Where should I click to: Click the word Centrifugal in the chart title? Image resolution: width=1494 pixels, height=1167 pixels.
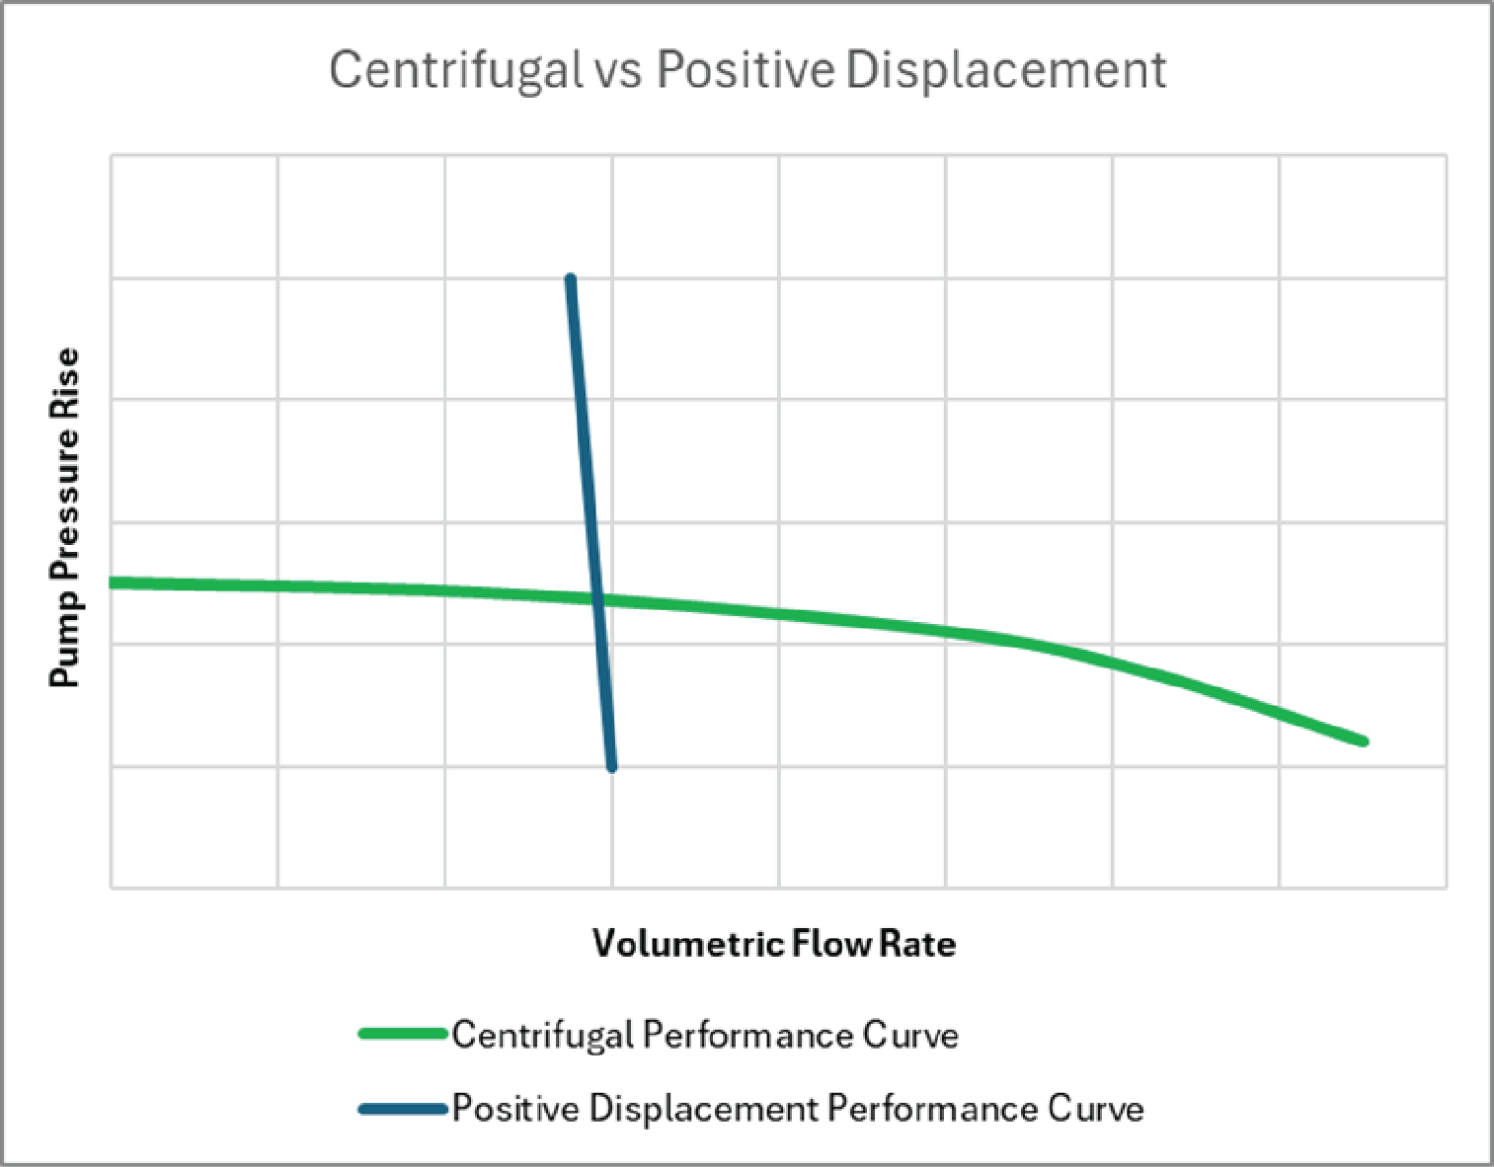point(455,71)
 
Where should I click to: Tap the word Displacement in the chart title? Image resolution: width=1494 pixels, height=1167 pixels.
point(1006,71)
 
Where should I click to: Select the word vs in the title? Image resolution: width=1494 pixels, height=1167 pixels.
point(619,71)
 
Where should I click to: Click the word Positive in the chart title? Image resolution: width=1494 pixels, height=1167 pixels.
point(746,71)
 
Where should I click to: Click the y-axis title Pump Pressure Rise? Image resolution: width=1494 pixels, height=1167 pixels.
point(65,517)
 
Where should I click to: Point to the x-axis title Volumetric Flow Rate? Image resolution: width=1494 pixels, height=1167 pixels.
point(774,944)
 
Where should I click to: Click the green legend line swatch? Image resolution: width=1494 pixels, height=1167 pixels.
point(404,1034)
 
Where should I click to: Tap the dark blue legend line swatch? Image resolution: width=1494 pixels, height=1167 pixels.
point(404,1109)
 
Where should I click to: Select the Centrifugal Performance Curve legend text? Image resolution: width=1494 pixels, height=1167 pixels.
point(705,1035)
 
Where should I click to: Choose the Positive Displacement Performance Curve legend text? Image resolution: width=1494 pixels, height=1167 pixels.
point(798,1109)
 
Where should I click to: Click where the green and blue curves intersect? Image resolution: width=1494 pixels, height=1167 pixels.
point(597,598)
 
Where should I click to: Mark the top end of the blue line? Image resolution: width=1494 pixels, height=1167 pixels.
point(571,280)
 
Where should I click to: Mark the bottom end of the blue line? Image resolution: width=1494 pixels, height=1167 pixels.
point(611,766)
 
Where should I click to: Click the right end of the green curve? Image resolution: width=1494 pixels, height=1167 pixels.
point(1363,740)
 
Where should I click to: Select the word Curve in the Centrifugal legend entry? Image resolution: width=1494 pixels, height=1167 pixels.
point(909,1035)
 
